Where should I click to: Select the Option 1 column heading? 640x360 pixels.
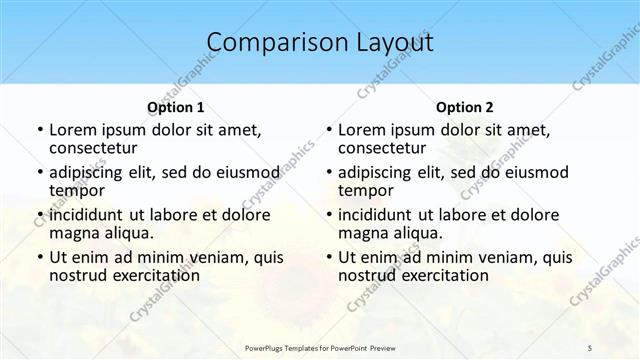click(176, 107)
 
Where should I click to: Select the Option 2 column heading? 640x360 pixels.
click(465, 107)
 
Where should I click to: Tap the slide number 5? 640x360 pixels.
click(590, 347)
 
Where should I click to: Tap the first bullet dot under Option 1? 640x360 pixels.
click(38, 130)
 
